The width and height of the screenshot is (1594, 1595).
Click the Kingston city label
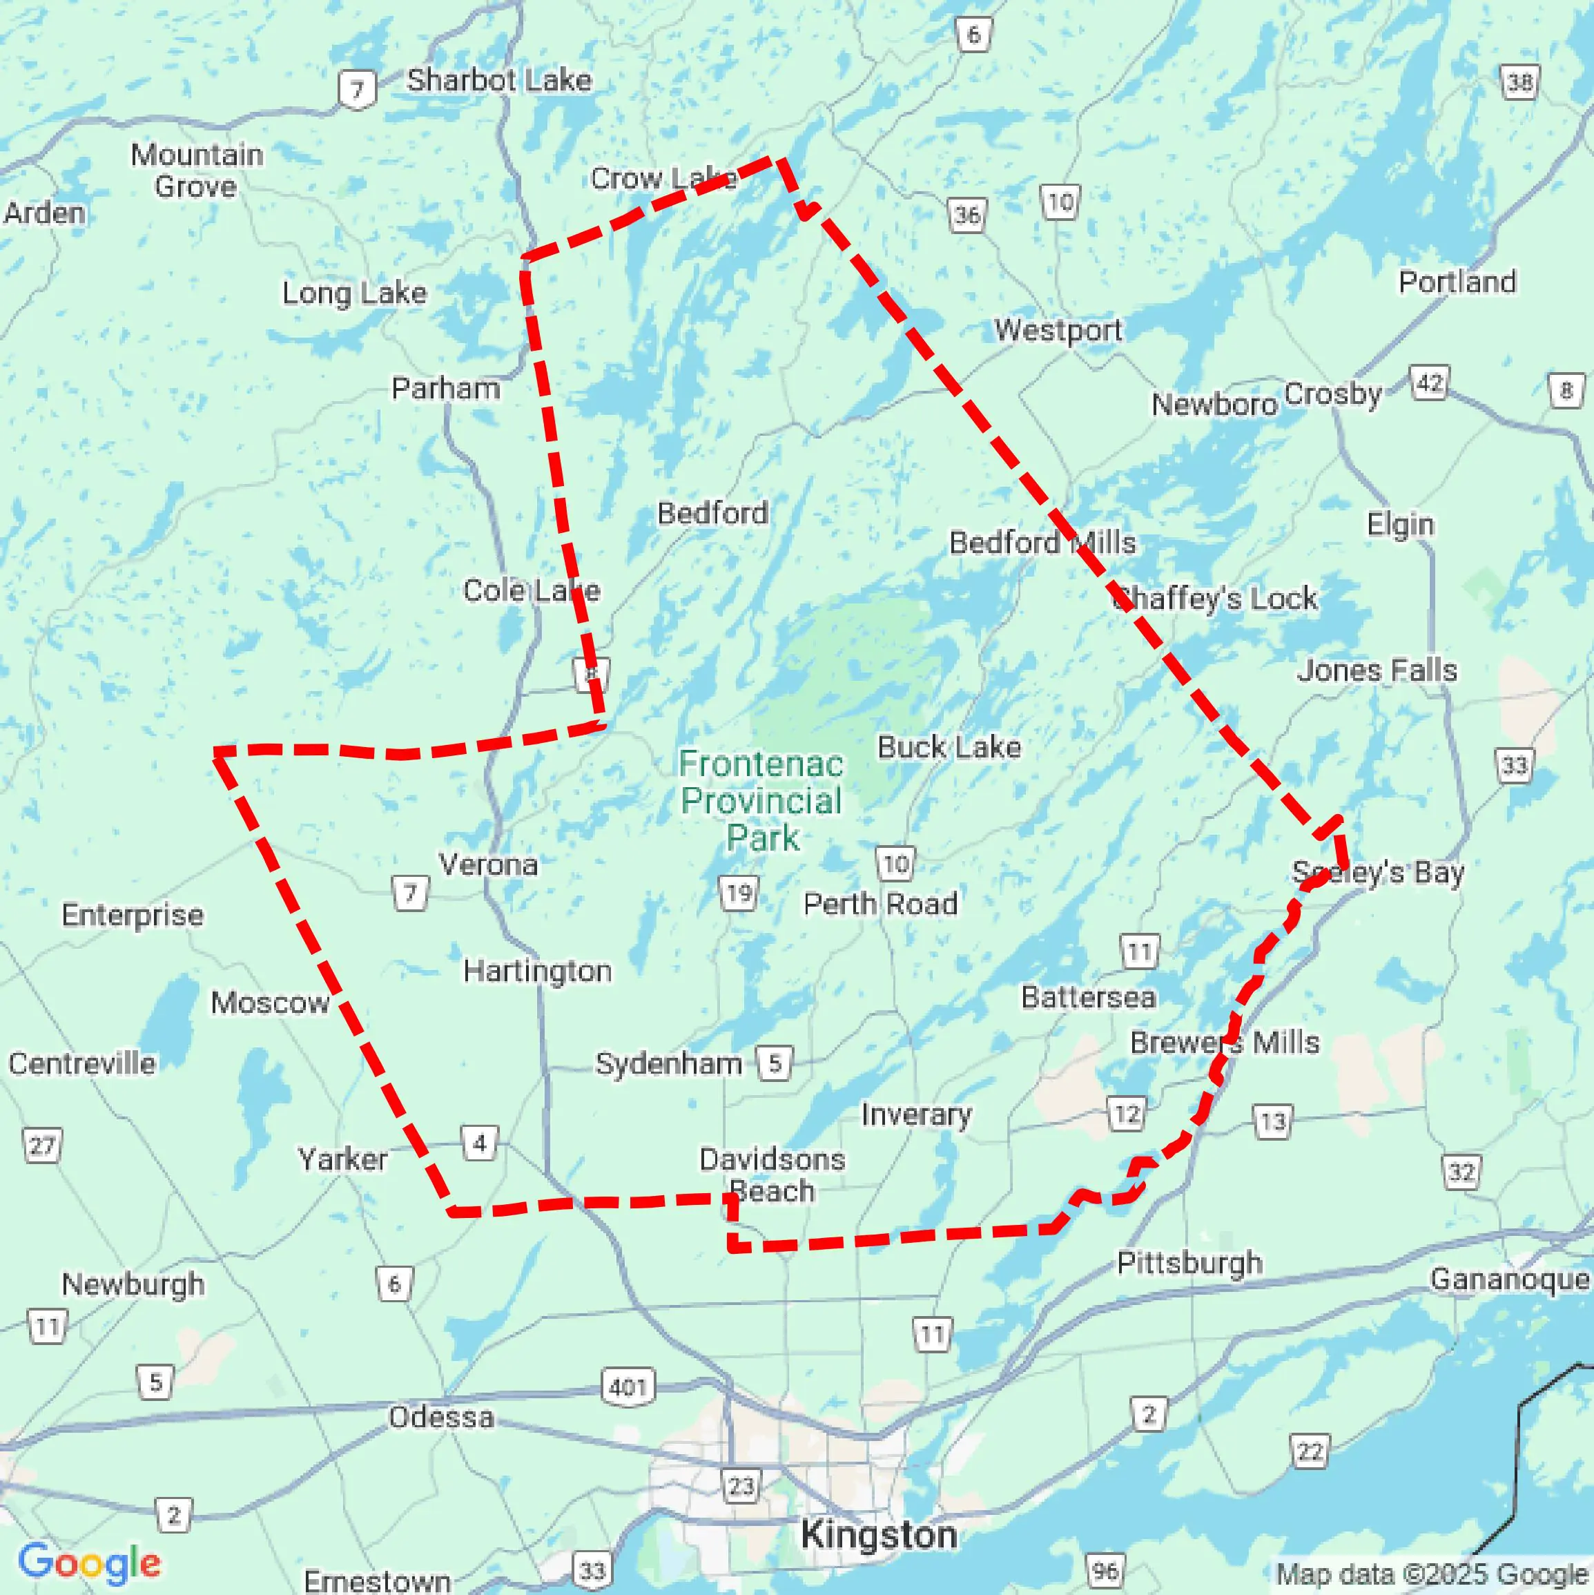point(879,1535)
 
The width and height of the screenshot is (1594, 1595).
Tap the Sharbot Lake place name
point(498,80)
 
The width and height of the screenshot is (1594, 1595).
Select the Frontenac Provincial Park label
point(761,801)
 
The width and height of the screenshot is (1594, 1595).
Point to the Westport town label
point(1058,330)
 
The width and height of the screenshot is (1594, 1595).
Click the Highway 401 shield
point(628,1386)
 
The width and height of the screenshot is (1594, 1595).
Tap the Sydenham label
point(669,1063)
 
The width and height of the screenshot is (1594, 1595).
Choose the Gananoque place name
point(1509,1279)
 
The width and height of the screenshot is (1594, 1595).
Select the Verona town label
point(489,864)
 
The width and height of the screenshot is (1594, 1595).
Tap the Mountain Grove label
point(197,170)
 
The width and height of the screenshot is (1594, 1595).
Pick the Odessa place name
point(441,1418)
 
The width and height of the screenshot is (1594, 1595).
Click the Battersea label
point(1088,997)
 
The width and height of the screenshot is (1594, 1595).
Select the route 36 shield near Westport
point(966,216)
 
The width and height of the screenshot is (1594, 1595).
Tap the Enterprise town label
point(132,915)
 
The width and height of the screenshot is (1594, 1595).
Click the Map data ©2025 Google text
point(1433,1574)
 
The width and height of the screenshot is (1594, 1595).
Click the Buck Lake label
point(949,747)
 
